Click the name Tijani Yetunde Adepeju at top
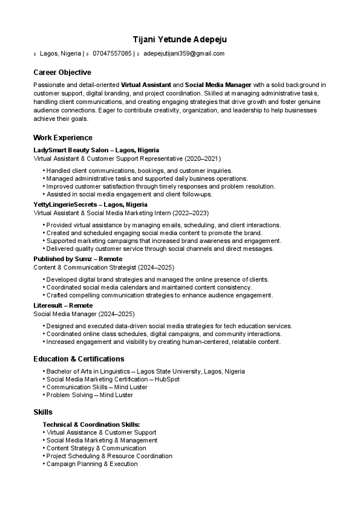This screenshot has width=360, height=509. (180, 40)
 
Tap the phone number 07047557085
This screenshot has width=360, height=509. (112, 54)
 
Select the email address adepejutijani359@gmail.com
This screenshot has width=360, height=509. (184, 54)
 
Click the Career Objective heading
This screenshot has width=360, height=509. (62, 73)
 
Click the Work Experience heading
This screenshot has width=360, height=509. (63, 138)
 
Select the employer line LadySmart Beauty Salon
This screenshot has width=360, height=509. (96, 150)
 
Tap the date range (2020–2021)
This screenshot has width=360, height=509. (203, 158)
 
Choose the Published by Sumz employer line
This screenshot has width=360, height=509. (77, 259)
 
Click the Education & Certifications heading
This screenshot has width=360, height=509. (79, 359)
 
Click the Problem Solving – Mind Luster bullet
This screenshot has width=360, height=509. (90, 395)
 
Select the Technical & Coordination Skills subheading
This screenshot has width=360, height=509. (91, 425)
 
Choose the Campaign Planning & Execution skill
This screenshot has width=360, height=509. (92, 464)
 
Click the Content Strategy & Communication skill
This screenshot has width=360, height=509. (96, 449)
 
